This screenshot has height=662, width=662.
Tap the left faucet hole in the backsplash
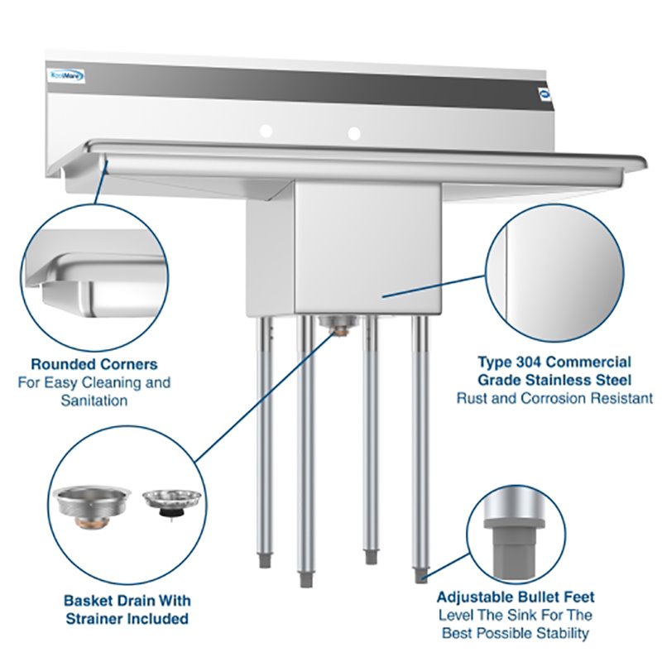[266, 131]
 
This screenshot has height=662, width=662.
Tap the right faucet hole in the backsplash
[354, 132]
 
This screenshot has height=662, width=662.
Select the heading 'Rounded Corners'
[94, 364]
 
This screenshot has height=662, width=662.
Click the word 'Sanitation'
[94, 401]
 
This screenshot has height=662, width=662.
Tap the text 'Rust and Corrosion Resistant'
[554, 398]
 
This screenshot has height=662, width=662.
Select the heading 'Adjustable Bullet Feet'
[516, 597]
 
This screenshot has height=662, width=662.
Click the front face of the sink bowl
[368, 248]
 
